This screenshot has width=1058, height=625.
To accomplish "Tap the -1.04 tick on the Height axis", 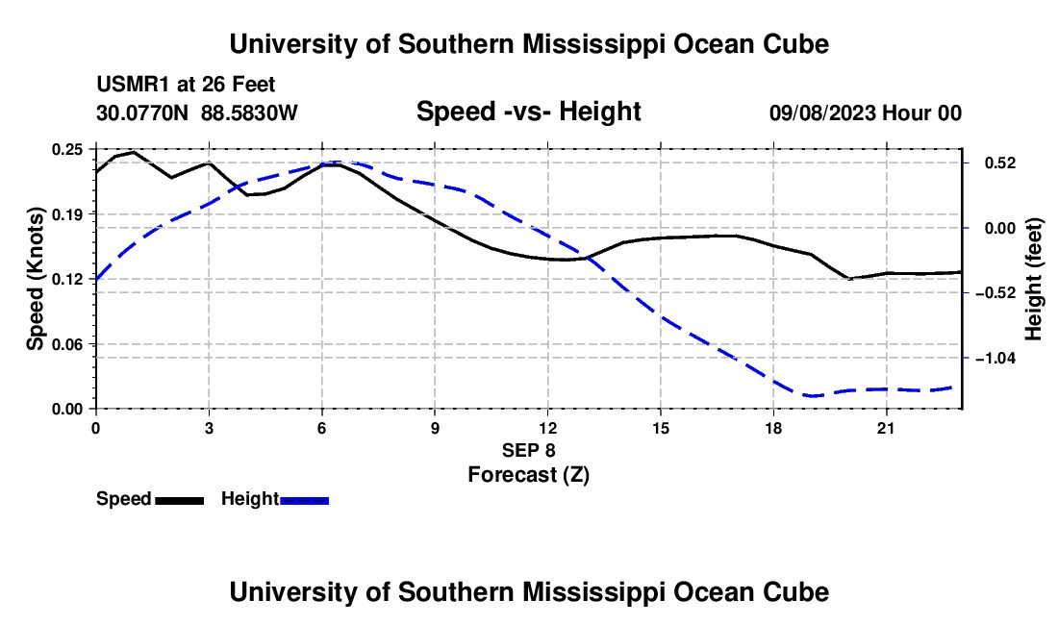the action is (x=995, y=358).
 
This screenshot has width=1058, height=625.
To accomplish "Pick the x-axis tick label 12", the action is (x=548, y=428).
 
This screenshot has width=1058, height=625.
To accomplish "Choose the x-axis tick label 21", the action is (x=886, y=428).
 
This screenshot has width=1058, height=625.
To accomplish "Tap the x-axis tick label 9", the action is (x=435, y=428).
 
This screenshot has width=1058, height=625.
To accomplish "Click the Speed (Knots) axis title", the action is (x=35, y=279).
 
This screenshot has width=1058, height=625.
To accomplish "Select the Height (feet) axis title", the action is (x=1033, y=279).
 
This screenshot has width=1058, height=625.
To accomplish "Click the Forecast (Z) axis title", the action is (x=528, y=475).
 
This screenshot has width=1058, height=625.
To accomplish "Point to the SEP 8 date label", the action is (x=528, y=450).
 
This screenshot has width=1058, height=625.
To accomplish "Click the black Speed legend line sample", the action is (x=180, y=500).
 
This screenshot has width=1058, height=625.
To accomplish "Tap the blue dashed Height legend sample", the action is (x=304, y=500).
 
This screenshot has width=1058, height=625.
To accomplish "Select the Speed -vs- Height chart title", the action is (x=528, y=112).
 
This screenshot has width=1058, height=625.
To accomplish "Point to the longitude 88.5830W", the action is (x=249, y=112).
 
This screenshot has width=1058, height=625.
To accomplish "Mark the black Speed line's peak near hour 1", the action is (x=134, y=152).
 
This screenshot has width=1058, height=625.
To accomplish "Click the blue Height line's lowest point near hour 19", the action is (x=812, y=396).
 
